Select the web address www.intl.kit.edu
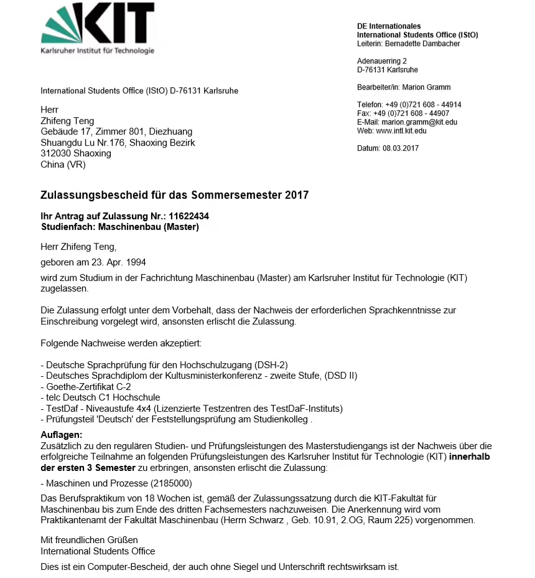click(401, 131)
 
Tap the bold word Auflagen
click(62, 434)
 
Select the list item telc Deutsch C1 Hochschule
click(100, 397)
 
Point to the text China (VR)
click(63, 164)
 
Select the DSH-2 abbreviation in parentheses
click(271, 364)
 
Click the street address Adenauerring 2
click(382, 61)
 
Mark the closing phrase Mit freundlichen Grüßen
click(90, 539)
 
